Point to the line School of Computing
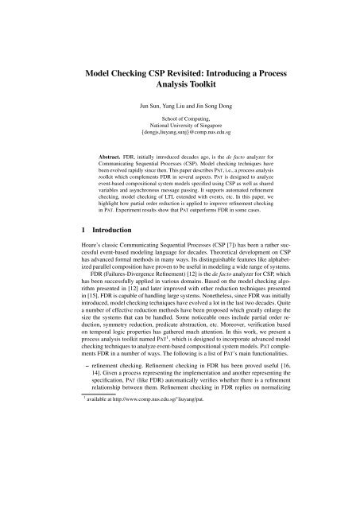180,119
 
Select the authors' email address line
180,136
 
